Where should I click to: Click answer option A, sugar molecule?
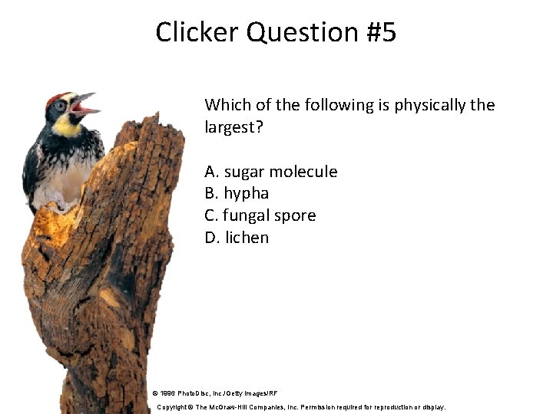click(270, 172)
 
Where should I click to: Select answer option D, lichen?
click(237, 238)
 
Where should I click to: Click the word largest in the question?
click(233, 127)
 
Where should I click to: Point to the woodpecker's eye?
click(60, 106)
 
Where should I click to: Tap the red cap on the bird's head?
click(55, 98)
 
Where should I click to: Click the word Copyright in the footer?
click(174, 407)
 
